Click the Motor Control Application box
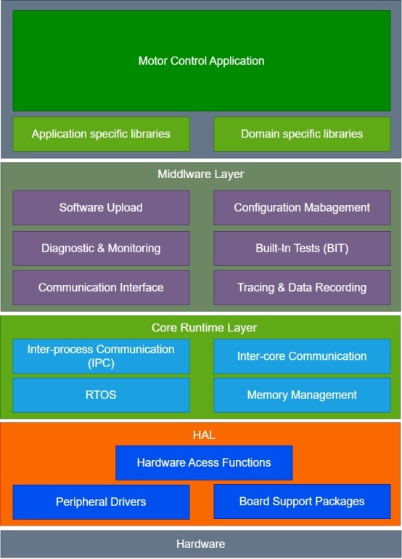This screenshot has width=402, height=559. click(202, 60)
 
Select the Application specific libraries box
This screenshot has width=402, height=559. click(101, 134)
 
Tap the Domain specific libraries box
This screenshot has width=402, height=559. click(302, 134)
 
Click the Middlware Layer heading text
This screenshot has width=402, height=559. click(201, 174)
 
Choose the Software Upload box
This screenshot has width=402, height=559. click(101, 208)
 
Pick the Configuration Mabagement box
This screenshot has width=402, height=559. click(302, 208)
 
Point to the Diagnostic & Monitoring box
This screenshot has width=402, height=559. click(101, 249)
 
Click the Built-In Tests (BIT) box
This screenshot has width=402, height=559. click(302, 249)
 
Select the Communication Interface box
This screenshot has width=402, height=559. click(101, 288)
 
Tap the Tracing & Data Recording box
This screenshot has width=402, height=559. click(302, 288)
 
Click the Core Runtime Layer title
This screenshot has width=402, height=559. click(204, 328)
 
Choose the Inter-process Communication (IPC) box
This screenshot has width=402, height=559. click(101, 356)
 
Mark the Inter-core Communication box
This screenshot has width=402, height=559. click(302, 356)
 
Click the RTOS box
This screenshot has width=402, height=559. click(101, 395)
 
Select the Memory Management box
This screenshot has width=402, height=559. click(302, 395)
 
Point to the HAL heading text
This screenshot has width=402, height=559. click(204, 435)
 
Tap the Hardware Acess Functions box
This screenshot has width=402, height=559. click(204, 463)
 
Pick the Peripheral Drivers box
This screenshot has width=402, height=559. click(101, 502)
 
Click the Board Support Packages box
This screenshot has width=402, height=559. click(302, 502)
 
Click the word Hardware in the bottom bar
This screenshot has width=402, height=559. click(201, 544)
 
